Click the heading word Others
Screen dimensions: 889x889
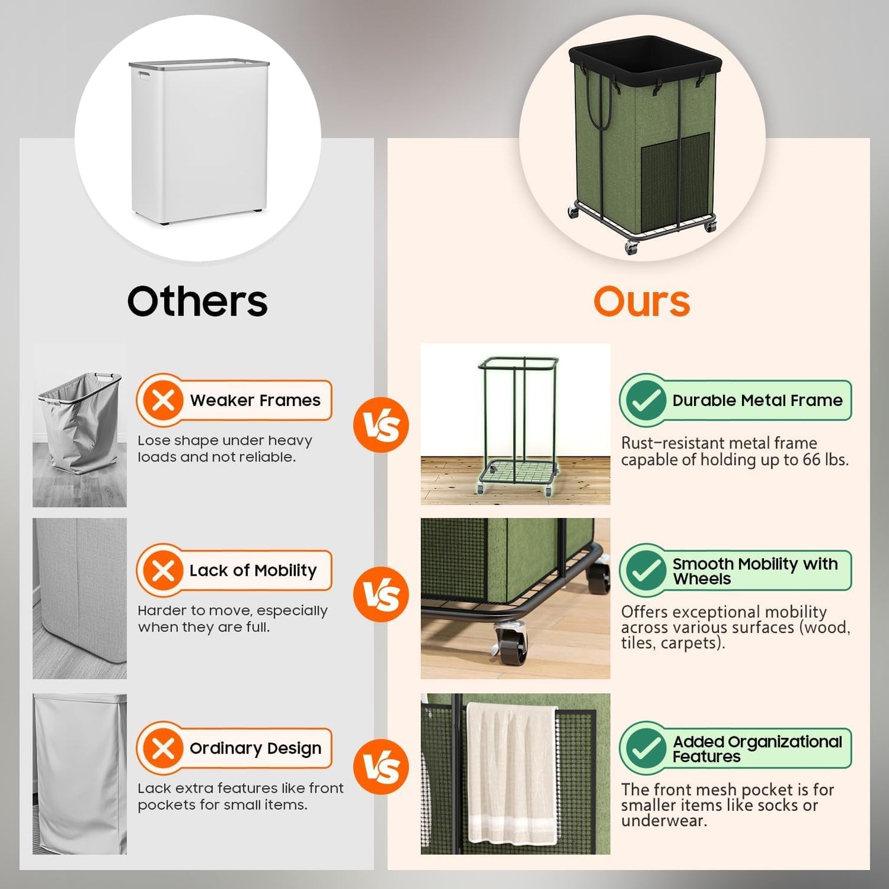[x=197, y=301]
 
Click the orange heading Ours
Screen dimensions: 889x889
[x=641, y=302]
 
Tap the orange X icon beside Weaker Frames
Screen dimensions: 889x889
[x=163, y=401]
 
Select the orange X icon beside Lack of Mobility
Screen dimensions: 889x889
[x=163, y=570]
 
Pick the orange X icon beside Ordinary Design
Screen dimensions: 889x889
[x=163, y=748]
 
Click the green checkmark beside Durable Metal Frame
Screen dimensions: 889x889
[x=645, y=401]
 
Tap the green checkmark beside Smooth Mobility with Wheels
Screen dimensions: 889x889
[x=645, y=570]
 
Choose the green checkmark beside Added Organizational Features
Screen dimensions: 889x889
[x=645, y=748]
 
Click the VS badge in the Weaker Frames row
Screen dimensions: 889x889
[x=381, y=425]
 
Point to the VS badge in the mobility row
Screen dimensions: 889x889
[x=381, y=594]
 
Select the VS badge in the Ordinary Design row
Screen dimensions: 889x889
[x=381, y=767]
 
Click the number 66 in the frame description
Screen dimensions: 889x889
[x=812, y=460]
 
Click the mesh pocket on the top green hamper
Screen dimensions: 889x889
[x=676, y=178]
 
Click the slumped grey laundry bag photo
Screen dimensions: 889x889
[x=80, y=425]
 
